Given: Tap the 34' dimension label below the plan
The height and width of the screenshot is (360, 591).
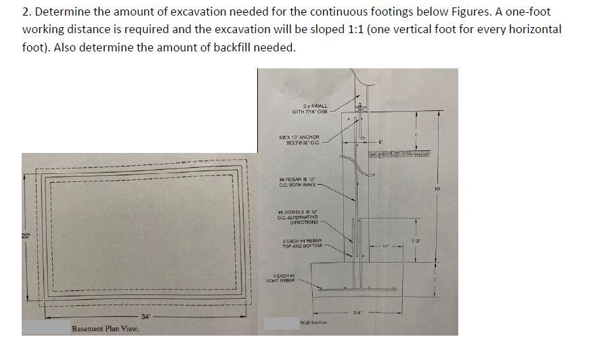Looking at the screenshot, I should coord(146,316).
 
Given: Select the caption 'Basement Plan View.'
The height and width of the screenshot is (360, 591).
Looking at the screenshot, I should coord(105,329).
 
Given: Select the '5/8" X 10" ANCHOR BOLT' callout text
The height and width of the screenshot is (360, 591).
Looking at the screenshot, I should coord(299,140).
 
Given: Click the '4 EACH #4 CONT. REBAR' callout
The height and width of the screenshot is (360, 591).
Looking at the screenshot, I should coord(282,277).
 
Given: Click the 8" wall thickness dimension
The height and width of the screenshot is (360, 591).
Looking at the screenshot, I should coord(381,143).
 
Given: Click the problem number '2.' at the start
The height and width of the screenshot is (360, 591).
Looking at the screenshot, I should coord(26,12).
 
